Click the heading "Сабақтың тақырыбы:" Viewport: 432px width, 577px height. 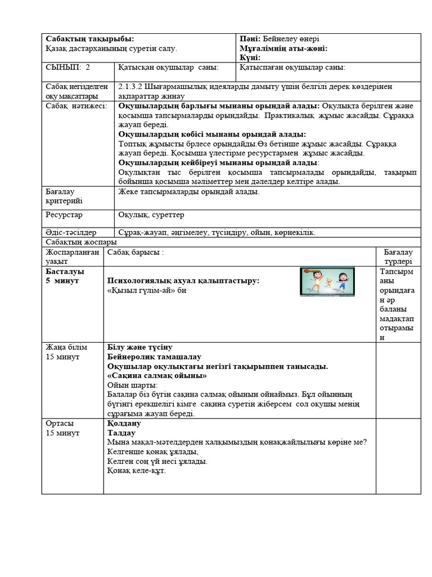point(89,39)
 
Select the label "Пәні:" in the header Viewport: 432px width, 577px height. point(249,39)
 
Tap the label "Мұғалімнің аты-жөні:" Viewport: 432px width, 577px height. point(283,48)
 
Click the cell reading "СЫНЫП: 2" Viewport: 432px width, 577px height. point(67,68)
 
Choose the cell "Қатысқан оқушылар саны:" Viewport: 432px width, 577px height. point(168,68)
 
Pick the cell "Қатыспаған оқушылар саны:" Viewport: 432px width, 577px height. point(292,68)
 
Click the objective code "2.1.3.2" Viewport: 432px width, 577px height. point(130,87)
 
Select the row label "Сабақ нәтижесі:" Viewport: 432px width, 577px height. point(76,106)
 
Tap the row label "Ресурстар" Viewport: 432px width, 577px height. point(64,215)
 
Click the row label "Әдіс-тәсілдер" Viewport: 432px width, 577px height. point(71,232)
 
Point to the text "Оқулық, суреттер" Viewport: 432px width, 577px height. point(151,215)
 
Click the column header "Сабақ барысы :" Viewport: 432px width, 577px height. point(135,252)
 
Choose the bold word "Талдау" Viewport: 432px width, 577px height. point(121,433)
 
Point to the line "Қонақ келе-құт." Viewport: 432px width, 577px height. point(136,471)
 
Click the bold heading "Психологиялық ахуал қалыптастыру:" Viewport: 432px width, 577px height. point(183,281)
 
